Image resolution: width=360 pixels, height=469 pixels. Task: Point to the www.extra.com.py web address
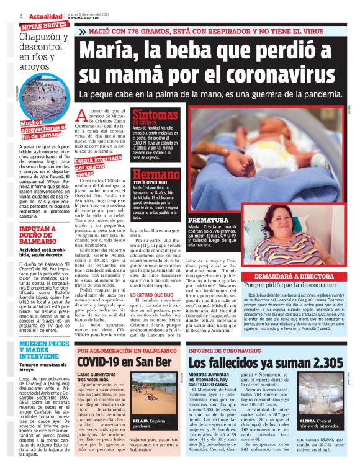click(x=85, y=18)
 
